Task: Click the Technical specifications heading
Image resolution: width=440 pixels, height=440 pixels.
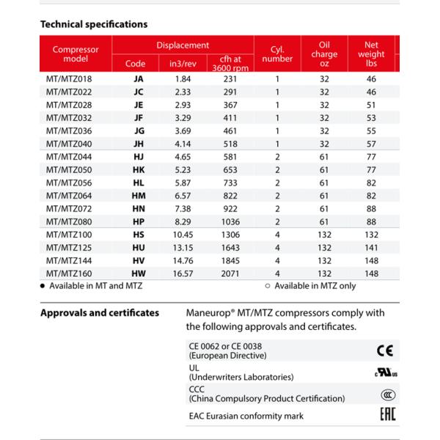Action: point(93,24)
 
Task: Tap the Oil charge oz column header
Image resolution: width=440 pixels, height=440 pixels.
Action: point(324,54)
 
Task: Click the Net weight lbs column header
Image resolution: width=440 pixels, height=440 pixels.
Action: point(371,54)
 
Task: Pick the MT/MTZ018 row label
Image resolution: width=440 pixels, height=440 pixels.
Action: point(70,78)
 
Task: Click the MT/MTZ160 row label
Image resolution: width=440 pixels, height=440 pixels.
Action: point(70,274)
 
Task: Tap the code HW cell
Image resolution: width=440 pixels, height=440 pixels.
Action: point(138,274)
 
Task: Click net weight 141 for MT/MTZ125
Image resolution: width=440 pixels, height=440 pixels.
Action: point(371,247)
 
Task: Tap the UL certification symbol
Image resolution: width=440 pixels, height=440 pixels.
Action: point(385,373)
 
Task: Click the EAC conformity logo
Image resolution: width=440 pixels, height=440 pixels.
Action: point(386,416)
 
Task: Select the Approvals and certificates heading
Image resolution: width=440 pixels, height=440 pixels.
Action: point(99,313)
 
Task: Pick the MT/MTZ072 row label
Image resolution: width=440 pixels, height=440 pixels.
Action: point(70,208)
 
